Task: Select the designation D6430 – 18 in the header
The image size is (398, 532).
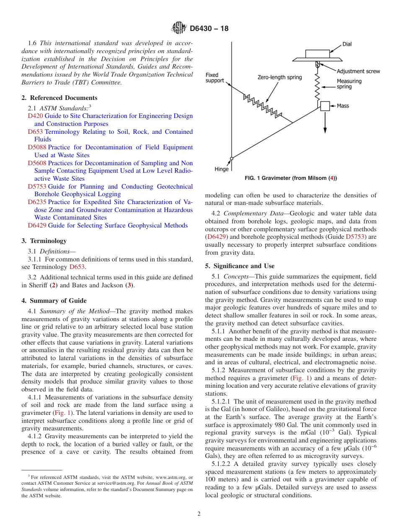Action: (x=209, y=29)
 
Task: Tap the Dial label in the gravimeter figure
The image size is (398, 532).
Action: (x=347, y=44)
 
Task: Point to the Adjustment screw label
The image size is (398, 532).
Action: (x=358, y=71)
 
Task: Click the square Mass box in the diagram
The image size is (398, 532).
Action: (x=325, y=106)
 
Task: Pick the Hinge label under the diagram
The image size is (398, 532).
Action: (x=222, y=169)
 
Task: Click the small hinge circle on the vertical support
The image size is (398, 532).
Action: (x=231, y=159)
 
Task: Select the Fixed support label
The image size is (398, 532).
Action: (x=215, y=78)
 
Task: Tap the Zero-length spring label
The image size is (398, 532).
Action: (x=279, y=77)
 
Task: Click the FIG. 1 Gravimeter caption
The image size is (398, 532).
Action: (x=290, y=178)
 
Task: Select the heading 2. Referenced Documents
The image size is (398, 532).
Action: (x=59, y=98)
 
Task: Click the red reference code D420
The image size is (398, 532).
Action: (x=36, y=116)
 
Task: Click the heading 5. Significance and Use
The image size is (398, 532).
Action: (x=240, y=266)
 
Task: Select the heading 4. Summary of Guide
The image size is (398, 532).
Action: (x=54, y=301)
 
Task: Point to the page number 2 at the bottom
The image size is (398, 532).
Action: (x=199, y=514)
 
